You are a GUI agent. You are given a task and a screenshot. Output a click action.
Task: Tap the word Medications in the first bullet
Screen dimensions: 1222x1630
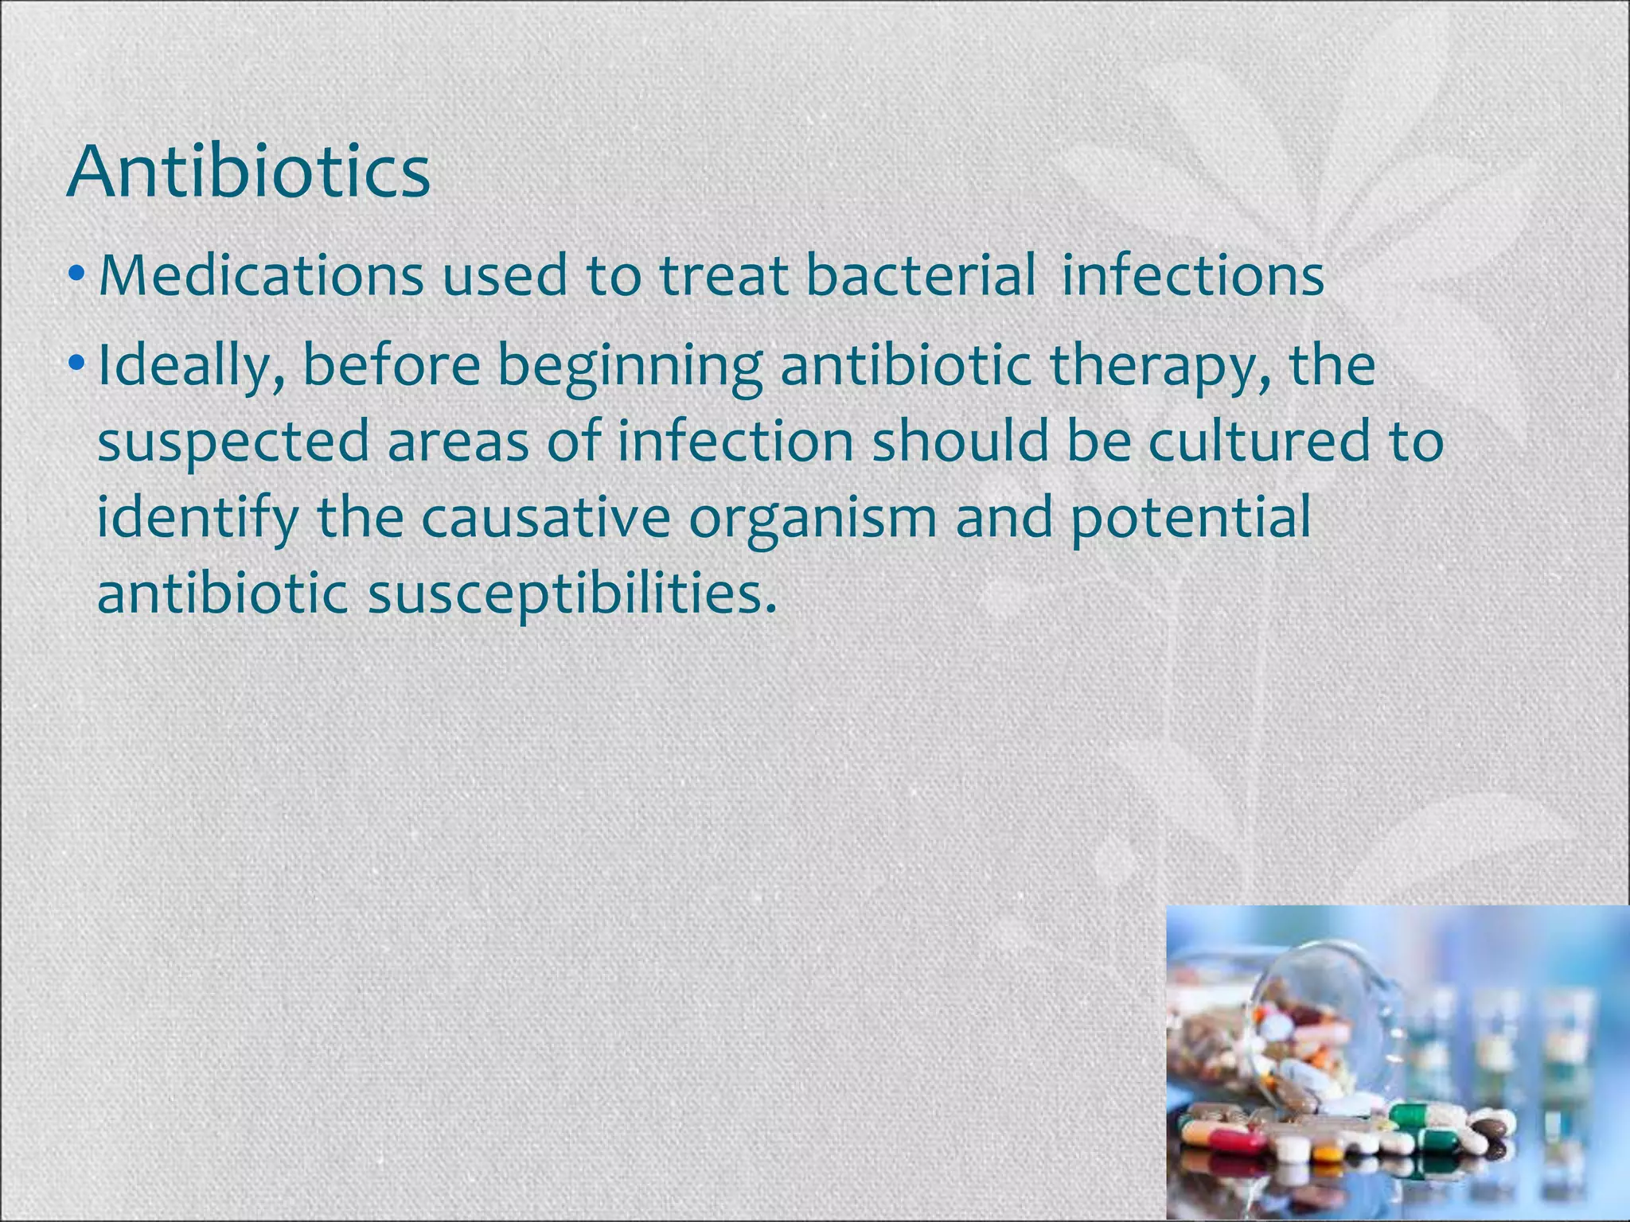click(261, 275)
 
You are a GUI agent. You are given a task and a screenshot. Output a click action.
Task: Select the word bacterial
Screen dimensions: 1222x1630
click(921, 275)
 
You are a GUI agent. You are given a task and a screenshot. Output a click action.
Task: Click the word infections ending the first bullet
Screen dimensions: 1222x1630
click(1192, 275)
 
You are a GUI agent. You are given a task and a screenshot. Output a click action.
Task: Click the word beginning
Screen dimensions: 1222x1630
click(630, 366)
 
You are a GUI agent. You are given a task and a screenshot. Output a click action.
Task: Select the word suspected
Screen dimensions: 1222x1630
click(233, 442)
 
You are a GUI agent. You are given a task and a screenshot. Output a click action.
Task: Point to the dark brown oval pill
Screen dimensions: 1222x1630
click(1489, 1127)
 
